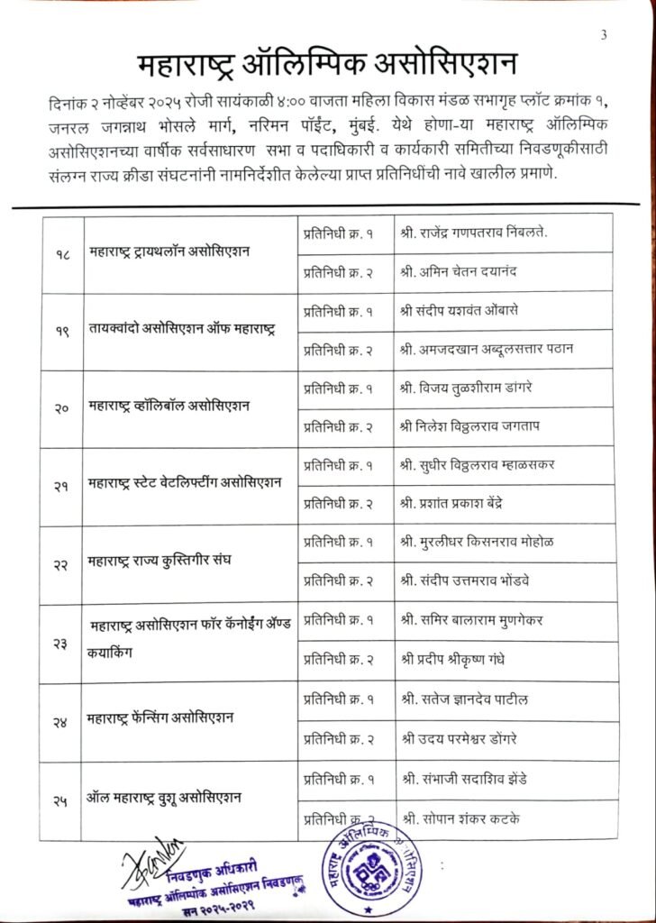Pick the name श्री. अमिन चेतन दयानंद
click(x=461, y=272)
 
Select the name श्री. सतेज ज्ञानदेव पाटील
click(x=468, y=699)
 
